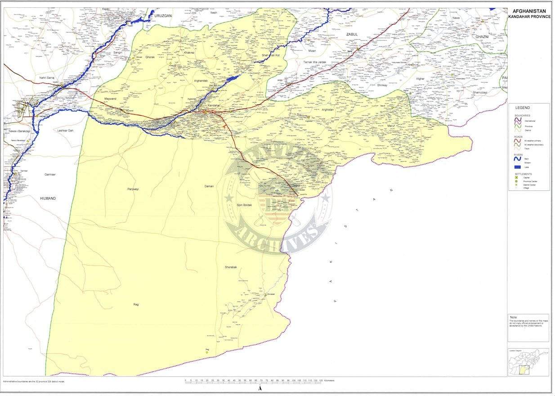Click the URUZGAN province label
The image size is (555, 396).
pyautogui.click(x=163, y=16)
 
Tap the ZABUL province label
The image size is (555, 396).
pyautogui.click(x=351, y=34)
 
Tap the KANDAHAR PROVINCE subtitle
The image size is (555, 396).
pyautogui.click(x=529, y=17)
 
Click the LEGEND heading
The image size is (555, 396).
pyautogui.click(x=523, y=108)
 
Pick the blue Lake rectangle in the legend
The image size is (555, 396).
pyautogui.click(x=517, y=167)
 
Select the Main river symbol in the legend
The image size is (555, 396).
pyautogui.click(x=517, y=158)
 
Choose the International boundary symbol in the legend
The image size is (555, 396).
pyautogui.click(x=517, y=121)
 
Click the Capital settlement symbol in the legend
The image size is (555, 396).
pyautogui.click(x=517, y=177)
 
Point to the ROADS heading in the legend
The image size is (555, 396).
pyautogui.click(x=518, y=136)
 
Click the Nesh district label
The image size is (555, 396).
pyautogui.click(x=214, y=13)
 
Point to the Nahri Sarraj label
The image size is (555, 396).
pyautogui.click(x=47, y=78)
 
